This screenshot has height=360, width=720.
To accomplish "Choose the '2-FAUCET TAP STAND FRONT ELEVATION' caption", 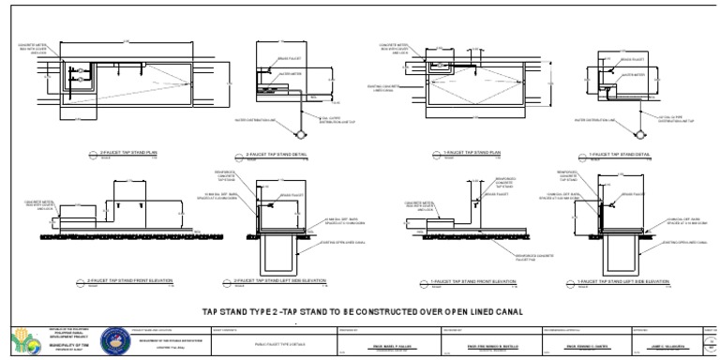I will [x=127, y=280].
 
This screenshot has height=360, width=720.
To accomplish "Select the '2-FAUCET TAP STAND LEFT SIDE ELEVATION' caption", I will [x=291, y=280].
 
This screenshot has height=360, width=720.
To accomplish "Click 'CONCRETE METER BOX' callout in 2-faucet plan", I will [x=37, y=49].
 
